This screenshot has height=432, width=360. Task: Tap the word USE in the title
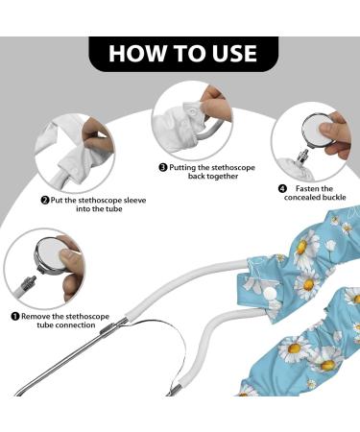pos(235,53)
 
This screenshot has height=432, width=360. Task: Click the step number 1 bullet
pos(15,317)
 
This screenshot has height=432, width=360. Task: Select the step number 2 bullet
pos(45,201)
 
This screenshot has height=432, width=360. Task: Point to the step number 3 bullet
pos(163,167)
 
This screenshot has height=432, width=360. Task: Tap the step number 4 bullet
pos(282,188)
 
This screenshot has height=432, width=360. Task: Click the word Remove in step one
pos(36,317)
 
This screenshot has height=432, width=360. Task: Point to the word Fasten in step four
pos(307,188)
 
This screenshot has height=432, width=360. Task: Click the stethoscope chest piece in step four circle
pos(320,131)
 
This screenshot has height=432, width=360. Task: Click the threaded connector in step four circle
pos(302,156)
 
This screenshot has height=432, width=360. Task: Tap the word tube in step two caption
pos(114,209)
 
